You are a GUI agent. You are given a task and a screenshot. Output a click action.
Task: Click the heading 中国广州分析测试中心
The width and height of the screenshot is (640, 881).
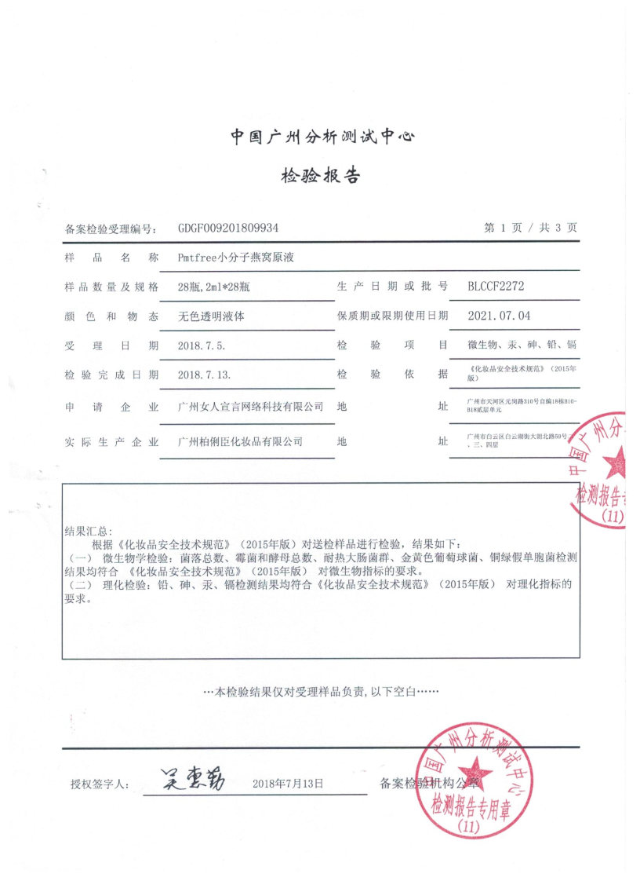[x=322, y=137]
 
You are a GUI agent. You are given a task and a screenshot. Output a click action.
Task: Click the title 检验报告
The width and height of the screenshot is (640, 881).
[x=321, y=175]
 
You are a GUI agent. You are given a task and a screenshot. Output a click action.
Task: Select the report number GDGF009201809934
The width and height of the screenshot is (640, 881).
[x=228, y=228]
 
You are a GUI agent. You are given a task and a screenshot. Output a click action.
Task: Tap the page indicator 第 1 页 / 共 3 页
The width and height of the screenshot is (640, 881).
[x=530, y=228]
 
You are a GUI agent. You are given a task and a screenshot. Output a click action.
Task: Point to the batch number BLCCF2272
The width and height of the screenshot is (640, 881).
[x=496, y=287]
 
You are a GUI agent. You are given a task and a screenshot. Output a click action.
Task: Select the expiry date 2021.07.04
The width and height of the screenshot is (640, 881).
[x=499, y=316]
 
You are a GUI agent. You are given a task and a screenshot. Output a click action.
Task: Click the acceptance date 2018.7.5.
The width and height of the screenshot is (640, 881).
[x=201, y=345]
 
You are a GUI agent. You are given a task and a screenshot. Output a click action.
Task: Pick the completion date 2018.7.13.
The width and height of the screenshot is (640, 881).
[x=203, y=375]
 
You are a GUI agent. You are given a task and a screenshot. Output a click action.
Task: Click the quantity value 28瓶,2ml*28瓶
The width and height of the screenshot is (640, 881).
[x=213, y=287]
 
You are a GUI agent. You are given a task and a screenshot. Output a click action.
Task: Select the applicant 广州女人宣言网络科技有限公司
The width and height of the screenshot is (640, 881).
[x=251, y=407]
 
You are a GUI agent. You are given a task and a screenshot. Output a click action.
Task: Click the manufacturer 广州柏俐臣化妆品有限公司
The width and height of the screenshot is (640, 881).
[x=240, y=442]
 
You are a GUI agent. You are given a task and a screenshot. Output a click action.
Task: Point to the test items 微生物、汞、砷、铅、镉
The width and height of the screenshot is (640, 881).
[x=522, y=345]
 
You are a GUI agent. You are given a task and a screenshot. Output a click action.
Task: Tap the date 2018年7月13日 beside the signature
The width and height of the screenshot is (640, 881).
[x=289, y=783]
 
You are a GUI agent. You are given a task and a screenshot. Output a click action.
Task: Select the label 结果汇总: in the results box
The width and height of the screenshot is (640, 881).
[x=88, y=532]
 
